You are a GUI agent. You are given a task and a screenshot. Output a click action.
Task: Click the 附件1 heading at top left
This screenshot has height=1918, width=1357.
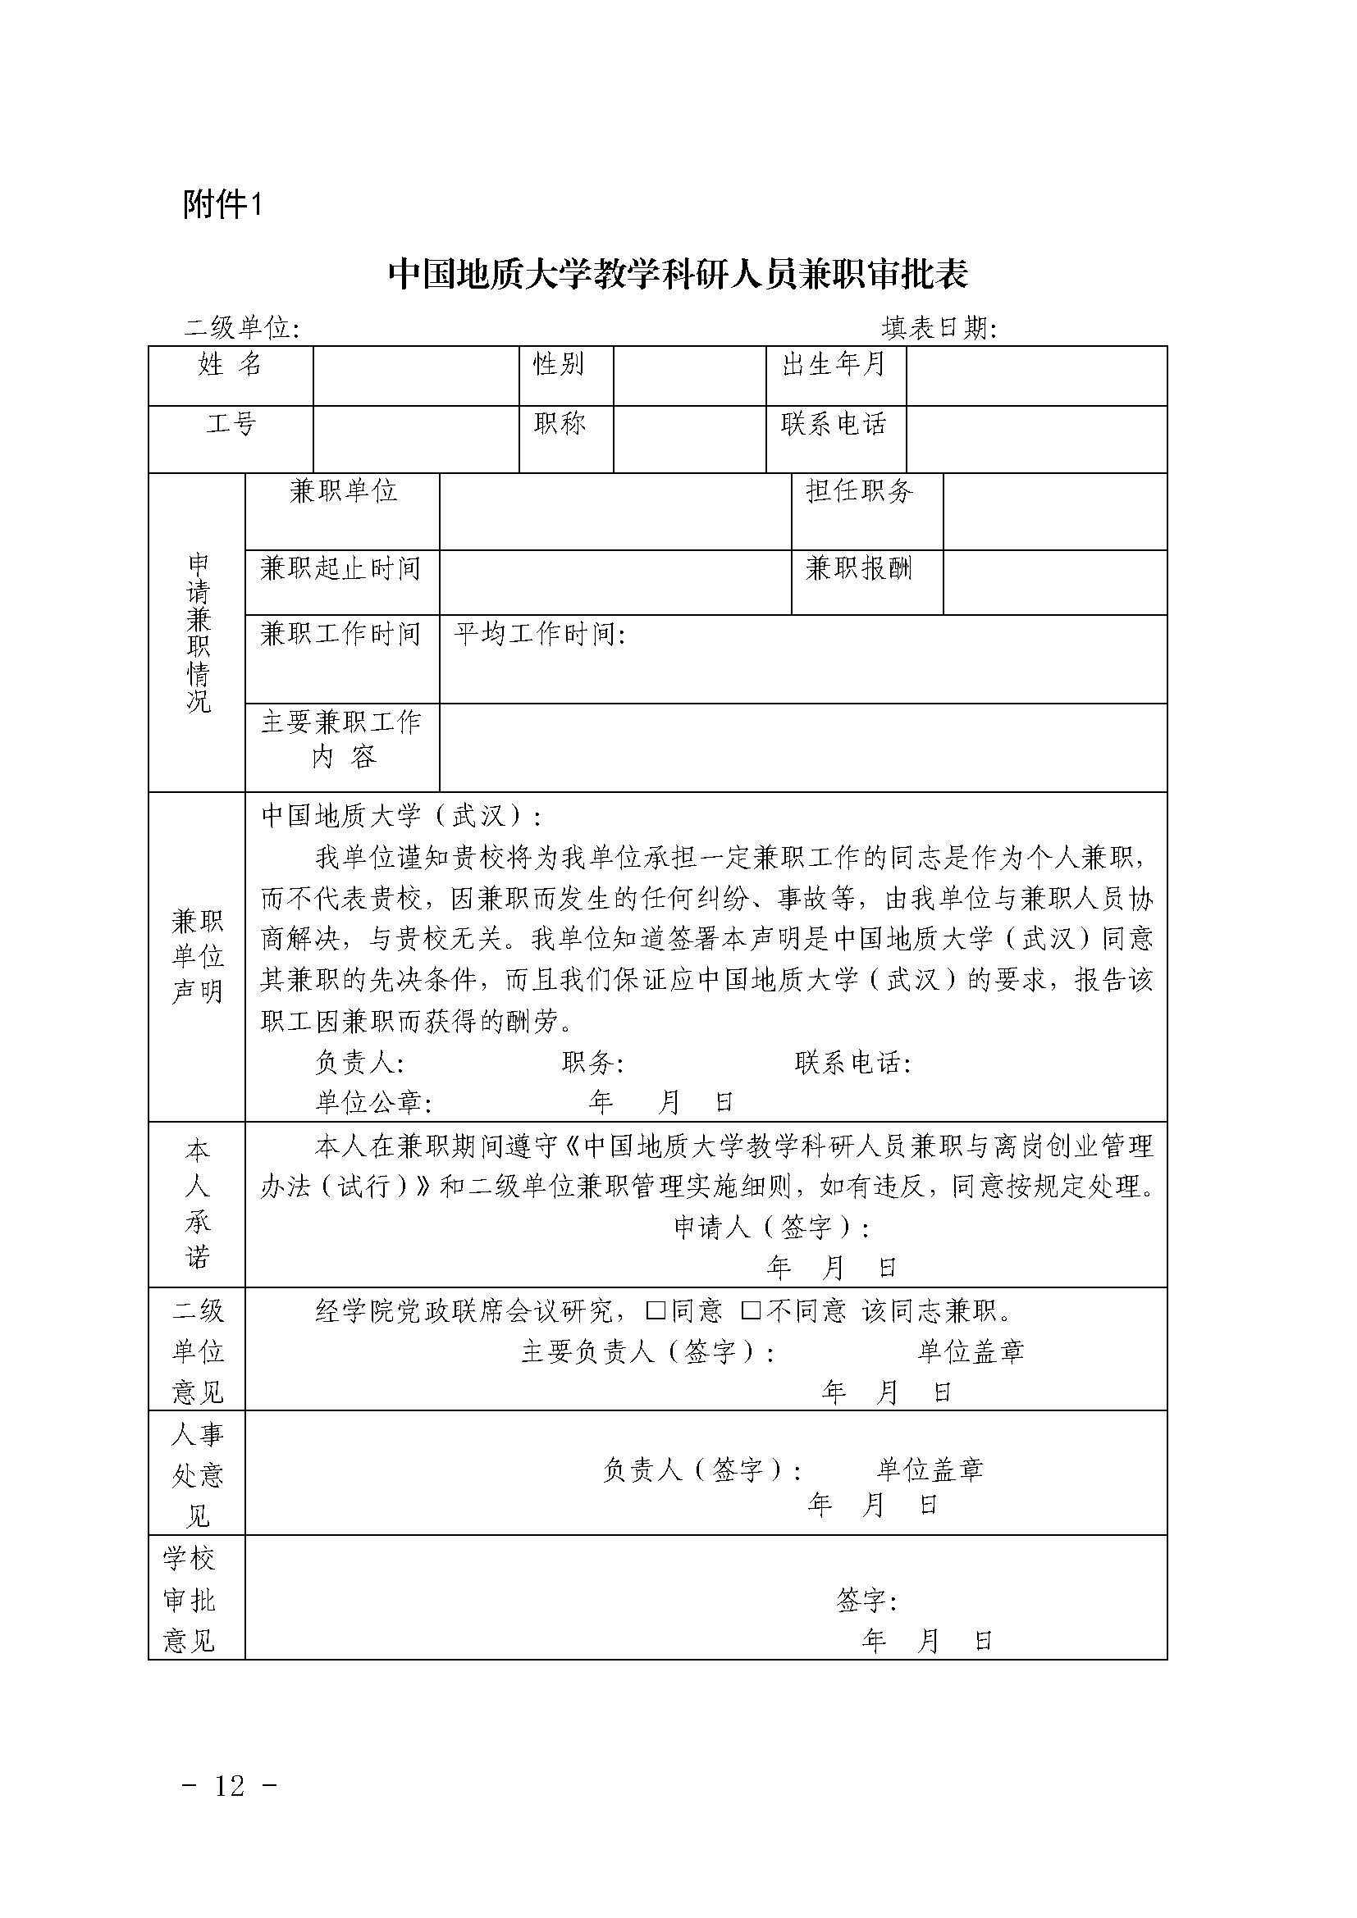[222, 204]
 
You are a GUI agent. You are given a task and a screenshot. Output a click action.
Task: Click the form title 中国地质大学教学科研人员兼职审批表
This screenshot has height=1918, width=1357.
[678, 274]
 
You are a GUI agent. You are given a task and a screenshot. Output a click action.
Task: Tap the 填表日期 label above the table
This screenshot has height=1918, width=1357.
[939, 328]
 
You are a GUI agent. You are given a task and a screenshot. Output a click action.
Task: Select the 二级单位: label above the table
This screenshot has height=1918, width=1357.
[241, 328]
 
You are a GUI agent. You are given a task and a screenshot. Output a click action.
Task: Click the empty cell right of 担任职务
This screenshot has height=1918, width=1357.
[1053, 511]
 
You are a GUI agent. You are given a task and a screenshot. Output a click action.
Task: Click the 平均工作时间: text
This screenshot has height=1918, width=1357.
[540, 635]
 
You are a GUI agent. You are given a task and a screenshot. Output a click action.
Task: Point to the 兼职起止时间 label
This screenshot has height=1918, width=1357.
[340, 569]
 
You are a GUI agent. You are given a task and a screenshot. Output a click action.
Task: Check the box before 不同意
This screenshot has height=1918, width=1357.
[751, 1310]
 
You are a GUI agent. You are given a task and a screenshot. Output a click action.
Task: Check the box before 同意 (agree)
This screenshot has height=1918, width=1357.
[656, 1310]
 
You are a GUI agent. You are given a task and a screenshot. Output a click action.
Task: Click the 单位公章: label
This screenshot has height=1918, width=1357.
[373, 1103]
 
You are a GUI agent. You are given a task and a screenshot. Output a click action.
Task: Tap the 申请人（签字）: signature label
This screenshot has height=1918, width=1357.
[771, 1228]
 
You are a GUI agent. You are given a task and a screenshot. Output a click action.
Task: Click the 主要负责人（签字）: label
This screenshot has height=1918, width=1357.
[647, 1351]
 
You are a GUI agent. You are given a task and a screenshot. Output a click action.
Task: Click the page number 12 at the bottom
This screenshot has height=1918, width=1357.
[229, 1785]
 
